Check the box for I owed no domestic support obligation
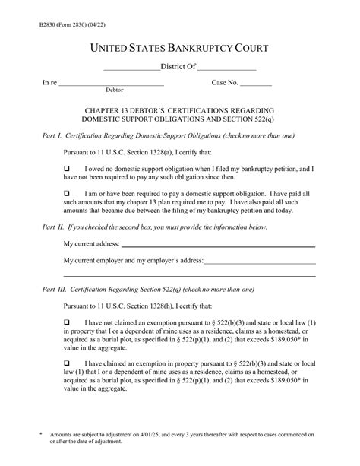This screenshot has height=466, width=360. pos(66,167)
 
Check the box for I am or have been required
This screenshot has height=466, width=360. pos(66,195)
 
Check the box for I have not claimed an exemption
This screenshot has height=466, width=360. pos(66,322)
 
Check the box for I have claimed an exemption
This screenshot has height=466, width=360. pos(66,363)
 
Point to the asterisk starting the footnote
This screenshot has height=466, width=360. pos(42,434)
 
